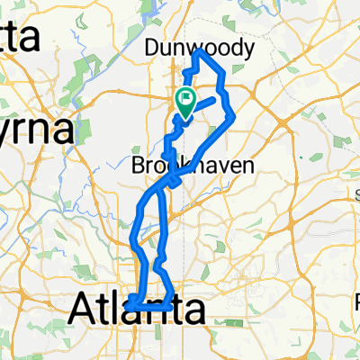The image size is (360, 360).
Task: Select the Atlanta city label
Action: tap(138, 312)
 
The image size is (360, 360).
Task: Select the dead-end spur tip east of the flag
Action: tap(215, 97)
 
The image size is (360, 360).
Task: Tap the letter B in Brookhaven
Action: tap(139, 166)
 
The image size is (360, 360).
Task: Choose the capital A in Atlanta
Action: tap(83, 312)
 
